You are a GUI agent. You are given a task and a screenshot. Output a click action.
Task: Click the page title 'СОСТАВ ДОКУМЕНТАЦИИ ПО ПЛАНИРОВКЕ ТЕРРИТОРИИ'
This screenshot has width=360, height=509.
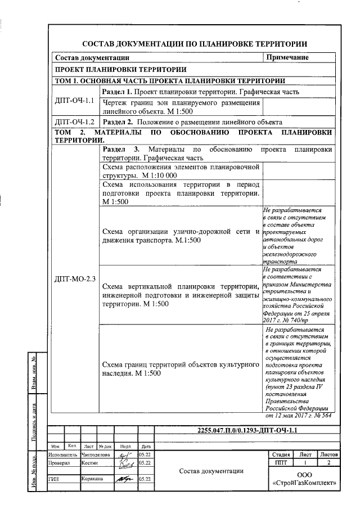(195, 43)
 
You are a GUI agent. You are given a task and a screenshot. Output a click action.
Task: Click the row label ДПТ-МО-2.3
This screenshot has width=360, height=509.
(75, 278)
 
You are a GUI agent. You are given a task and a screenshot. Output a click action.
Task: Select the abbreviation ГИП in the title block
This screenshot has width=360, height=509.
(54, 479)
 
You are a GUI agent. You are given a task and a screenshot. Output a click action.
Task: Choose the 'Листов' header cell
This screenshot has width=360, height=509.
(328, 454)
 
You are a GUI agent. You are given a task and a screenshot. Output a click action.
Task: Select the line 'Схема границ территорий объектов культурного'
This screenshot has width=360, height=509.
(181, 364)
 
